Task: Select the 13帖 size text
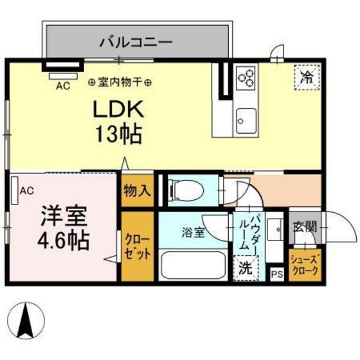(x=119, y=135)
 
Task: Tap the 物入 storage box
(x=138, y=190)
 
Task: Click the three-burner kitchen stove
(x=247, y=78)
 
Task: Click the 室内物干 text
(x=120, y=82)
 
